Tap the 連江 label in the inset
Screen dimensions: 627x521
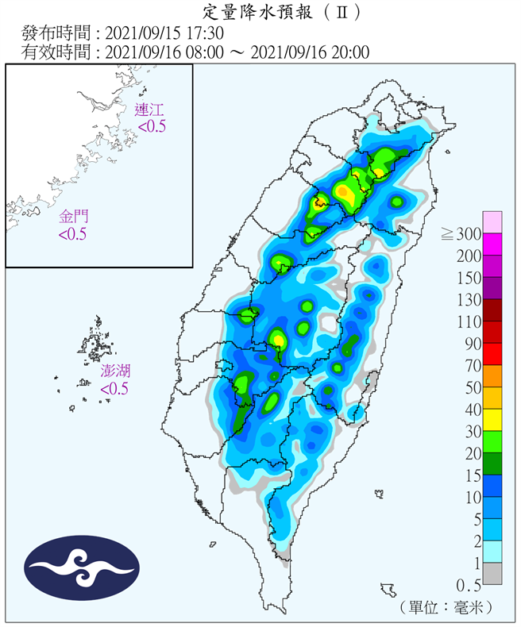149,110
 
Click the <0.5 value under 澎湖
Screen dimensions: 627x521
114,389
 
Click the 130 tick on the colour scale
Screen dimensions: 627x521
469,300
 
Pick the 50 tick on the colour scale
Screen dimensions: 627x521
472,388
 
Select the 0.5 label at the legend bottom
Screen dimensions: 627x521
469,585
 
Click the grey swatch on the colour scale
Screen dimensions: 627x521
492,573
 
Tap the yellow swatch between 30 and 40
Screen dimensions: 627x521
492,420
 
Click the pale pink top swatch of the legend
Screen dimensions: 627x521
492,222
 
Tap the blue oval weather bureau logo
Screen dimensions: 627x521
82,567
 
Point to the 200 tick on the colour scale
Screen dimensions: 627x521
469,256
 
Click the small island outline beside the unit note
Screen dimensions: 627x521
388,590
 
